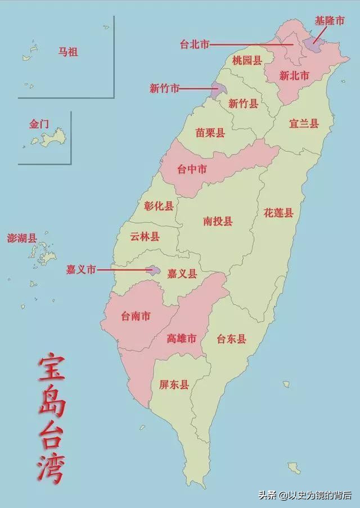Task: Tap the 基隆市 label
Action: pos(329,21)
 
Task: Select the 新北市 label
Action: pos(294,75)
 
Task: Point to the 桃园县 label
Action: pos(247,60)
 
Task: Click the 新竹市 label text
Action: pos(164,88)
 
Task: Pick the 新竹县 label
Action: pos(244,103)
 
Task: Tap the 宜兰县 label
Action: pos(304,123)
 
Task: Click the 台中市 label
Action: pos(192,169)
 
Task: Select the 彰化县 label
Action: pos(159,206)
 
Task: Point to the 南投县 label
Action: pos(218,221)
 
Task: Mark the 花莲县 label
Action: pos(278,212)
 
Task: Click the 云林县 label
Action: pos(145,237)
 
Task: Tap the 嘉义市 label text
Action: pos(81,270)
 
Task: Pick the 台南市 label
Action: pos(136,316)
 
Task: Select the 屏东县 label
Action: pos(174,385)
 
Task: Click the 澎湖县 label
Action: pos(22,238)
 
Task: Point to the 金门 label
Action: pos(39,124)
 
